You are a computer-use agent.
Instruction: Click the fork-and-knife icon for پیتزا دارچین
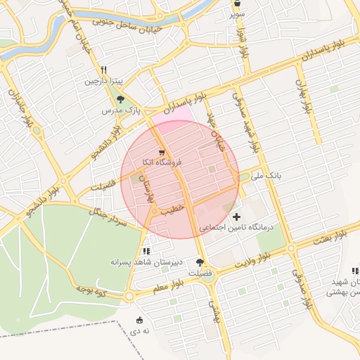(x=103, y=70)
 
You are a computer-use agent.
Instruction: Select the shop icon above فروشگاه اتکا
(x=162, y=151)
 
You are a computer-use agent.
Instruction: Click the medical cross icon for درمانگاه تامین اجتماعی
(x=236, y=217)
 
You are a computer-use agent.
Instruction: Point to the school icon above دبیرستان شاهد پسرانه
(x=146, y=250)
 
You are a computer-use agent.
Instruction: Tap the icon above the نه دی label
(x=139, y=320)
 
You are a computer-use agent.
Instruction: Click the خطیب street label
(x=172, y=208)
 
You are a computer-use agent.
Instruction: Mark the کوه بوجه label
(x=89, y=290)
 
